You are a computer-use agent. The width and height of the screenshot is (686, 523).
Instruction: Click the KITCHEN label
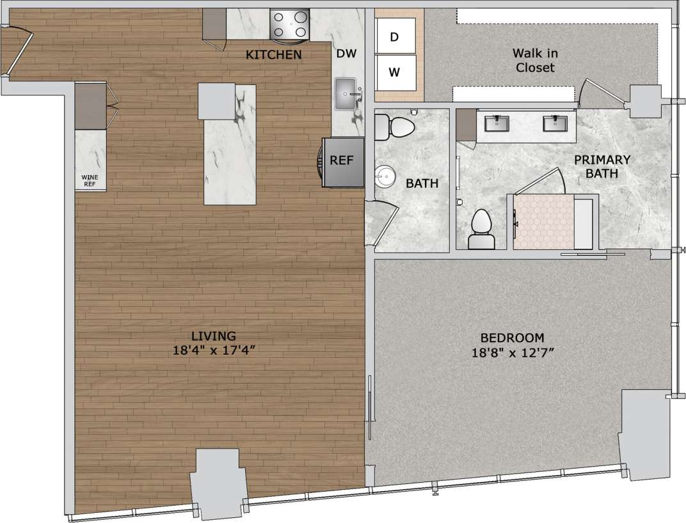point(273,55)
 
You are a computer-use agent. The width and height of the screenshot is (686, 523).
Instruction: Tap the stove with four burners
point(290,25)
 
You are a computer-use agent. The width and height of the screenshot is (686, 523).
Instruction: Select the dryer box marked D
point(394,37)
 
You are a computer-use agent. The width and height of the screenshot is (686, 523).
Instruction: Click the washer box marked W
point(394,72)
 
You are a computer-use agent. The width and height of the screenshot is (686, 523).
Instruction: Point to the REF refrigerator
point(341,161)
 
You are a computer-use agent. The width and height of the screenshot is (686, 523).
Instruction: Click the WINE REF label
point(90,180)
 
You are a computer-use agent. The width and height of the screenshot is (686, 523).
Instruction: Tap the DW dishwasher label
point(346,54)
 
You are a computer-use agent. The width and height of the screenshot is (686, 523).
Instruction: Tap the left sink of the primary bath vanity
point(497,123)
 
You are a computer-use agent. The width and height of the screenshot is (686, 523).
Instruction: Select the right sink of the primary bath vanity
point(555,123)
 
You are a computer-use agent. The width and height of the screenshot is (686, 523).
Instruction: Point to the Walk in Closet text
point(533,61)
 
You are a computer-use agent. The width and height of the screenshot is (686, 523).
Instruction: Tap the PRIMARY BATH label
point(602,166)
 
